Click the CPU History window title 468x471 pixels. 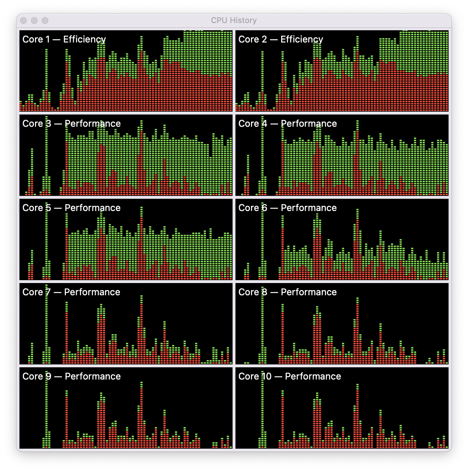(234, 21)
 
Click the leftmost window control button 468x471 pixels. (23, 21)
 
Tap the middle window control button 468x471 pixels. (34, 21)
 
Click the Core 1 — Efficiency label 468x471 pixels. (64, 39)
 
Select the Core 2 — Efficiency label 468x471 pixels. (280, 39)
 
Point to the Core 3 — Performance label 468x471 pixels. (71, 124)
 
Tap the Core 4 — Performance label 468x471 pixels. (287, 124)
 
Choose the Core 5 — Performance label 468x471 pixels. (71, 208)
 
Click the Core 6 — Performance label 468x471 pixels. (287, 208)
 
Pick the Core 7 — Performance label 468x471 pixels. (71, 292)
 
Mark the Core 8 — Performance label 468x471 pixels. (287, 292)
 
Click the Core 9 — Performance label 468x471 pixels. (71, 376)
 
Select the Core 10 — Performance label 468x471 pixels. (289, 376)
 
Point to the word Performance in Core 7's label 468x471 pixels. (92, 292)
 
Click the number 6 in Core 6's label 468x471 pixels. (264, 208)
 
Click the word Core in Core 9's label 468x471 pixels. (32, 376)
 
